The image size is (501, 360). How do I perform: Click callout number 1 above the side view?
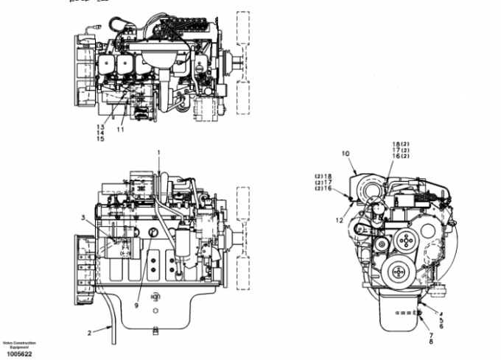click(158, 152)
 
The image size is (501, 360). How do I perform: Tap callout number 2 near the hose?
click(90, 333)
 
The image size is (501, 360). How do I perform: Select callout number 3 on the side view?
click(83, 217)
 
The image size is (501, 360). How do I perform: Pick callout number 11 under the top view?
click(120, 130)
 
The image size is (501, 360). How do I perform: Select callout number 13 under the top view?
click(100, 127)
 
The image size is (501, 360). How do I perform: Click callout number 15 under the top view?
click(100, 138)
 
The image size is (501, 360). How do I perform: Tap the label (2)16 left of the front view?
click(322, 188)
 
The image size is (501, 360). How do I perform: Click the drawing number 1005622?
click(16, 354)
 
